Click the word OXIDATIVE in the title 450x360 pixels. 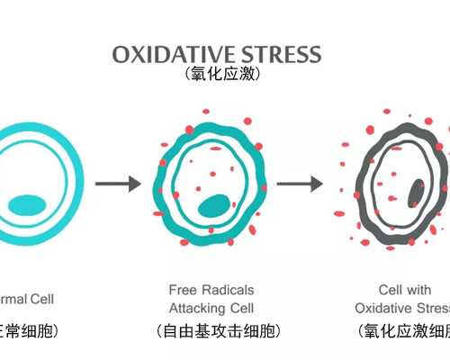(161, 53)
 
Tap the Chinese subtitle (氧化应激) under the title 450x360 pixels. (221, 74)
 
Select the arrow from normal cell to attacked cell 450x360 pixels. (118, 184)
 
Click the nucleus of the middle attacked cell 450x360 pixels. (215, 205)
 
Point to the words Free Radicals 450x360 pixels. (211, 290)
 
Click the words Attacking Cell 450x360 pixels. (211, 308)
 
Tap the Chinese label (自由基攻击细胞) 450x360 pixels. (211, 331)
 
